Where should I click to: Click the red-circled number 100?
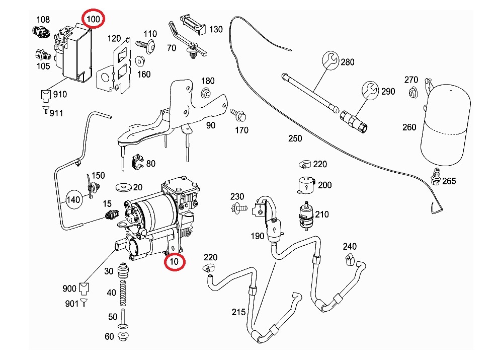(x=94, y=20)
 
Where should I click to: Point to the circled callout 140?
(x=73, y=200)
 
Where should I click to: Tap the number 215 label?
(x=238, y=312)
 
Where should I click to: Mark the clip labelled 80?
(x=136, y=162)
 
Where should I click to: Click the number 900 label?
(x=69, y=289)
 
